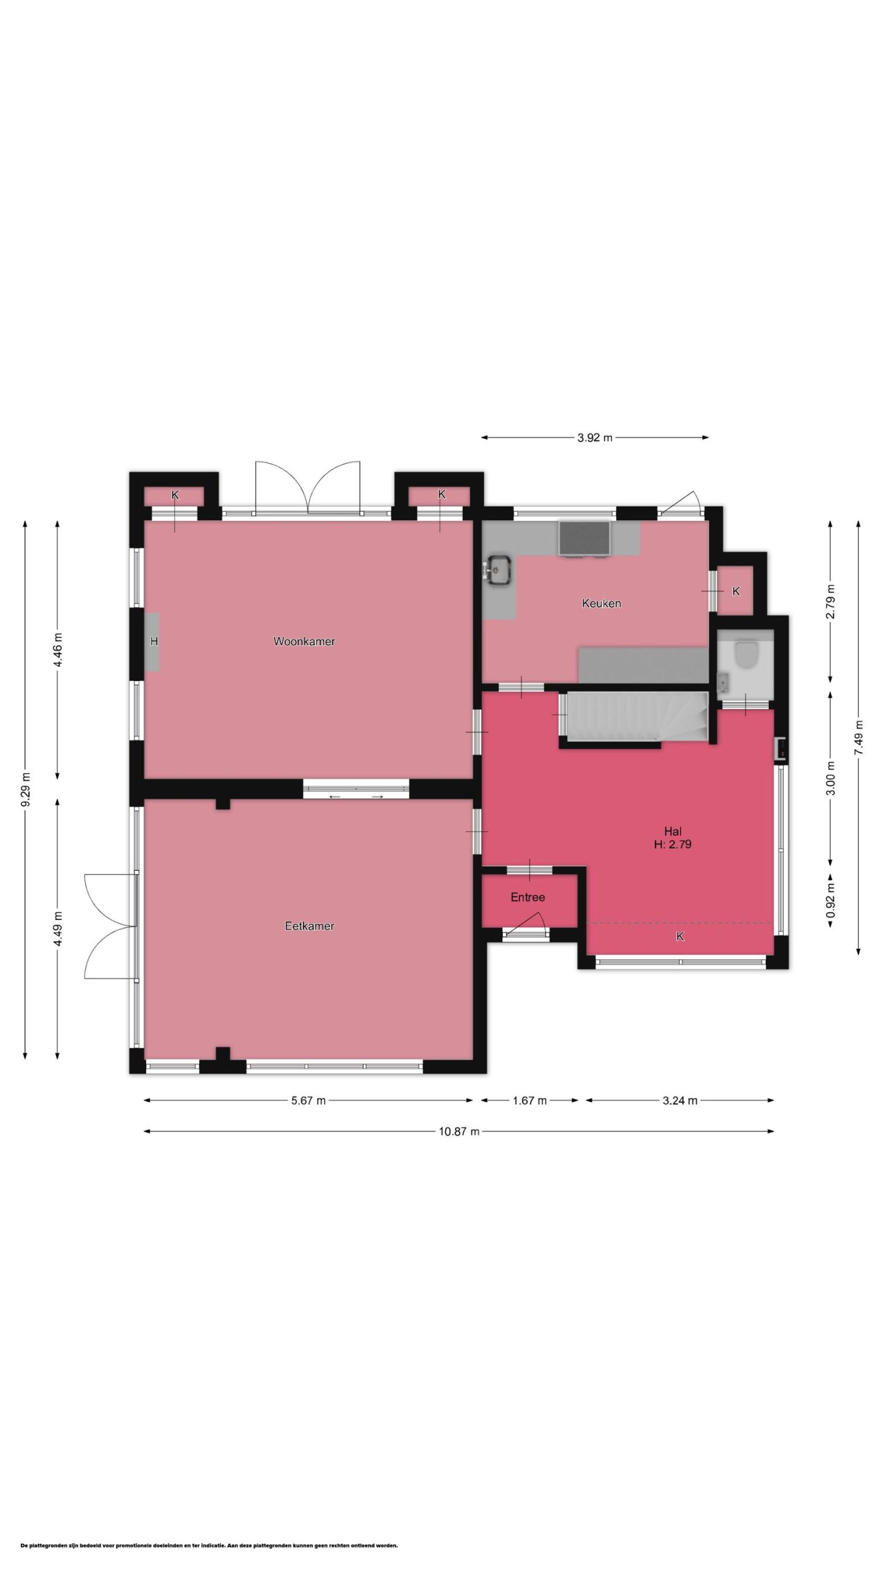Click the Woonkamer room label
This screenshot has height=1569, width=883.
click(304, 642)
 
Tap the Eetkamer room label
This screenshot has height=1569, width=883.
click(310, 926)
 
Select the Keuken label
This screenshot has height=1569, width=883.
click(602, 604)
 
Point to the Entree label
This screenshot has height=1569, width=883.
click(528, 897)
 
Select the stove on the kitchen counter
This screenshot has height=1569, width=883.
click(584, 539)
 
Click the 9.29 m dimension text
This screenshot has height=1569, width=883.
click(26, 791)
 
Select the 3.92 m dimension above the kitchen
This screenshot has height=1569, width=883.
click(595, 438)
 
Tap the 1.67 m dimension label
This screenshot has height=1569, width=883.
click(530, 1101)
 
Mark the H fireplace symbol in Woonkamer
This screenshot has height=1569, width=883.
click(153, 642)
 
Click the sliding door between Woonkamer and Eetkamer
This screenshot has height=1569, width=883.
click(356, 789)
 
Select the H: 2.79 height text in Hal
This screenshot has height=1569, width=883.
click(673, 844)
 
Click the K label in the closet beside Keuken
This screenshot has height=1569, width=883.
click(736, 591)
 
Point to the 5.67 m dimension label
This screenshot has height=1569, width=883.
click(308, 1101)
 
